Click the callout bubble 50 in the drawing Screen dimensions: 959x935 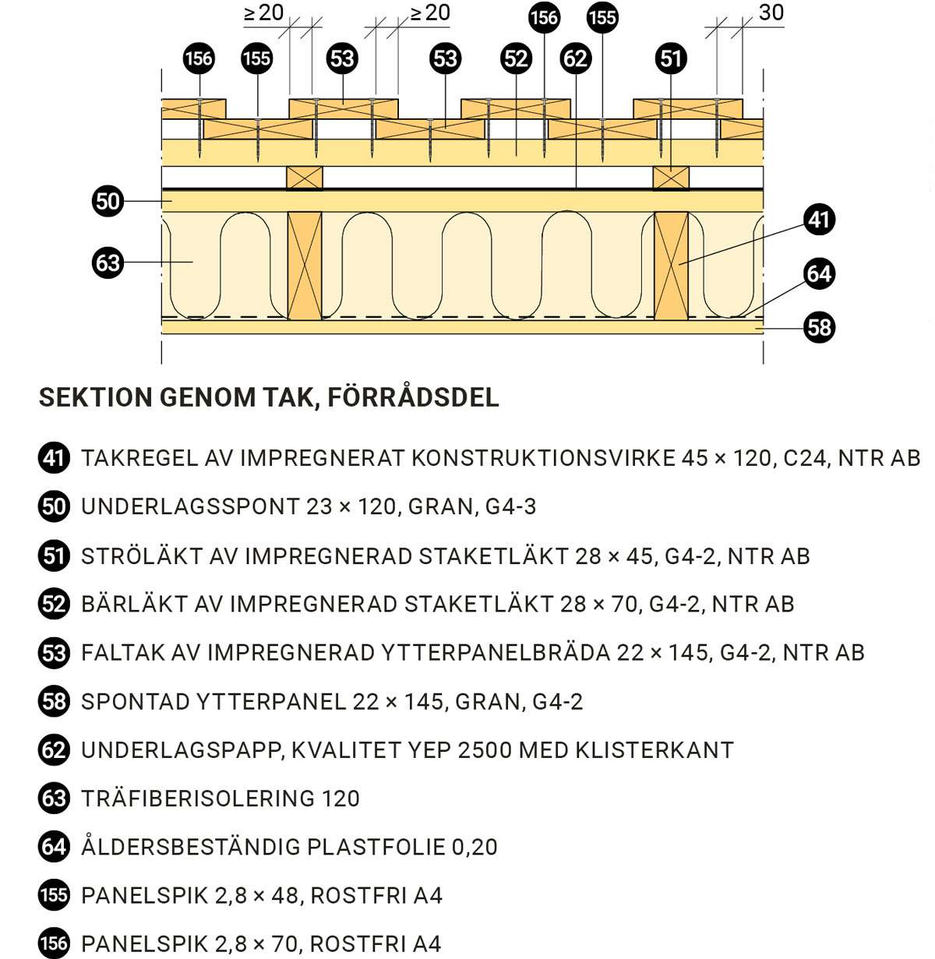108,201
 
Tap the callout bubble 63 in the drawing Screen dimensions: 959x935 108,262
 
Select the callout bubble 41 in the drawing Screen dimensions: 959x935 818,220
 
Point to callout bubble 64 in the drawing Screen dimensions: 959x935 818,273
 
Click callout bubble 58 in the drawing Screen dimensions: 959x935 818,327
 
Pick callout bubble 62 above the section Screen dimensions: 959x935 575,58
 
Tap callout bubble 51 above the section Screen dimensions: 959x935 670,58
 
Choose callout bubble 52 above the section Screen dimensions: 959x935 516,58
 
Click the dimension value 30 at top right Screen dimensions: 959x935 771,13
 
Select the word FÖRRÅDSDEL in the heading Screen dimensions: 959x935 413,397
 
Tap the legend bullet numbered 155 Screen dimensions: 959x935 54,895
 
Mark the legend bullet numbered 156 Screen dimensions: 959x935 54,943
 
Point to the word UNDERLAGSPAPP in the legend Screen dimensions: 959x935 183,750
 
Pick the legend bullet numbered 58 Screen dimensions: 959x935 54,701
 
